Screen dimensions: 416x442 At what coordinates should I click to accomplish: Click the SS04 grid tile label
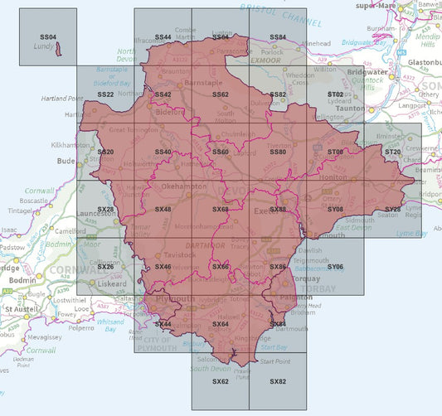tap(47, 37)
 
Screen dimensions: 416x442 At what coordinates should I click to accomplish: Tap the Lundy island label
tap(46, 49)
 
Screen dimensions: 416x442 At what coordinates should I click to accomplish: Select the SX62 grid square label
tap(220, 381)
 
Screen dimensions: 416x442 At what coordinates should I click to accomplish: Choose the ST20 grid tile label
tap(392, 152)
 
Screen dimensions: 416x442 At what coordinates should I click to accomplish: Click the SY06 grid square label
tap(335, 267)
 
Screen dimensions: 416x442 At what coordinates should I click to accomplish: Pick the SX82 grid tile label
tap(278, 381)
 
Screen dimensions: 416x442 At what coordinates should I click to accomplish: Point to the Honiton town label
tap(338, 179)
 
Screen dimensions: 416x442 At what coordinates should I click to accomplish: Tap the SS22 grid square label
tap(105, 95)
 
